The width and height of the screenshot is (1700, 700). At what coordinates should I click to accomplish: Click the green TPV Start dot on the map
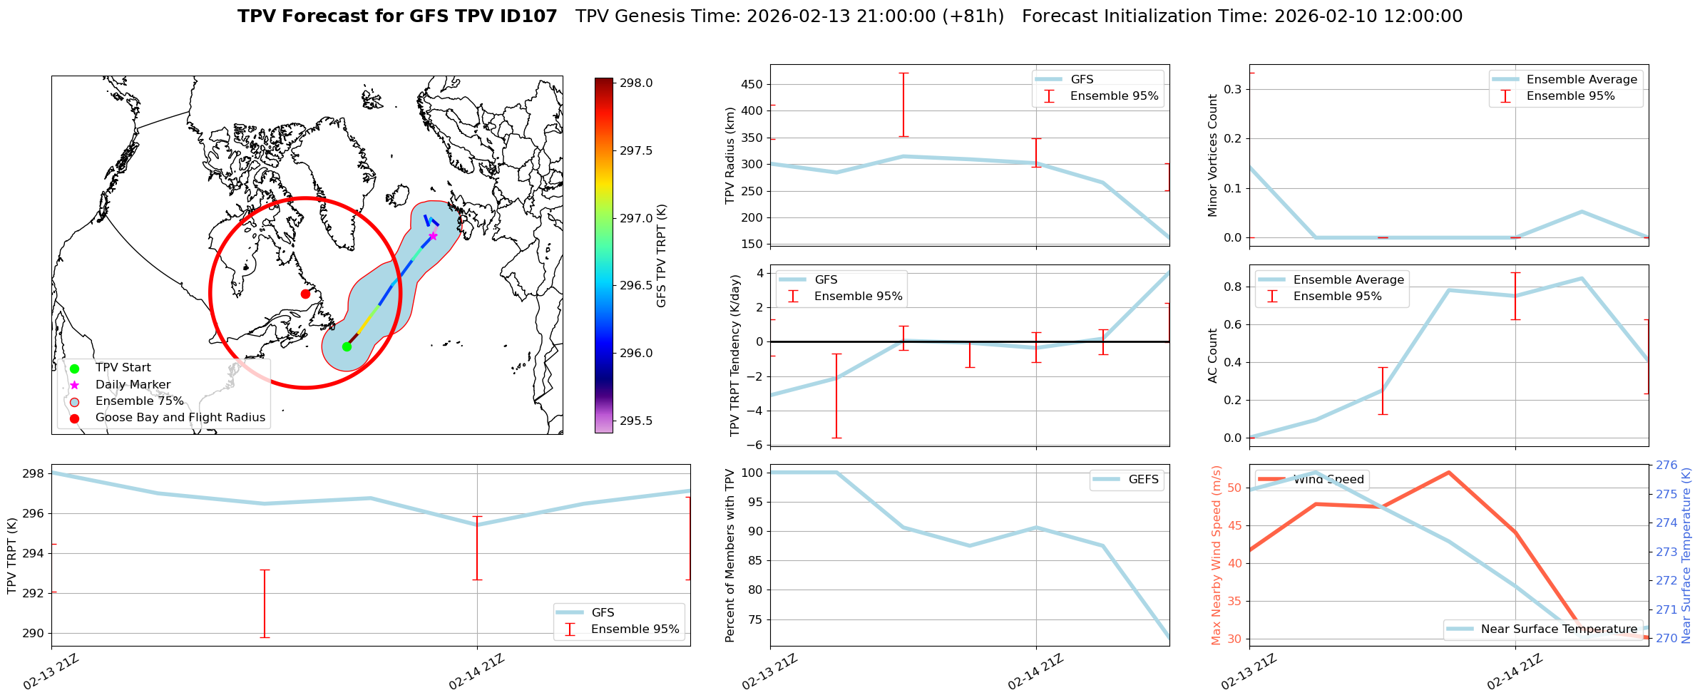click(x=347, y=346)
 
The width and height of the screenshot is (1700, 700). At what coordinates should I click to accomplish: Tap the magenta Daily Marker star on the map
click(x=433, y=236)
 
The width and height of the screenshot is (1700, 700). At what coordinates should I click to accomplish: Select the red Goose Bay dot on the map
click(x=305, y=294)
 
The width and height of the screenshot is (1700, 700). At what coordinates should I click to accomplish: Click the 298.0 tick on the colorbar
click(x=635, y=83)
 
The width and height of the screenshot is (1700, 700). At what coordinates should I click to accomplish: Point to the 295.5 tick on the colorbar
click(x=635, y=421)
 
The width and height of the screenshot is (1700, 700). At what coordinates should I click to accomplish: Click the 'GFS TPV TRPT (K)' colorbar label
click(x=662, y=255)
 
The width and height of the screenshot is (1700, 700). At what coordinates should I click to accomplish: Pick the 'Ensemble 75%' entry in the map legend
click(x=139, y=401)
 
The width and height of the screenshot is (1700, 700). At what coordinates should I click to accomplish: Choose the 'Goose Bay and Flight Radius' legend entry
click(x=180, y=418)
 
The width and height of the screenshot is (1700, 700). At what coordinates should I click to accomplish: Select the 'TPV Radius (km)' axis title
click(x=730, y=155)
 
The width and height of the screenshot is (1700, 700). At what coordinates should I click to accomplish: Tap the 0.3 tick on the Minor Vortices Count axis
click(x=1232, y=89)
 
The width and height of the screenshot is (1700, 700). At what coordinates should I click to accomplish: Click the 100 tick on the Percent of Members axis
click(x=752, y=473)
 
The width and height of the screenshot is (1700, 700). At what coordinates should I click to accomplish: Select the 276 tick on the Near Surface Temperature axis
click(x=1666, y=465)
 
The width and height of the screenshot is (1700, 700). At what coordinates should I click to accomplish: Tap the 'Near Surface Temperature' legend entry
click(x=1559, y=629)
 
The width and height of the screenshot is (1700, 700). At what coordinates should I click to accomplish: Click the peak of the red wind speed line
click(x=1449, y=472)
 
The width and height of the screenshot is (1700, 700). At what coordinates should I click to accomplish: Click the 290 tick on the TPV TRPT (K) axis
click(x=34, y=633)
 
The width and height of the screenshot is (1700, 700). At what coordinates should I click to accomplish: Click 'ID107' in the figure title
click(x=530, y=16)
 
